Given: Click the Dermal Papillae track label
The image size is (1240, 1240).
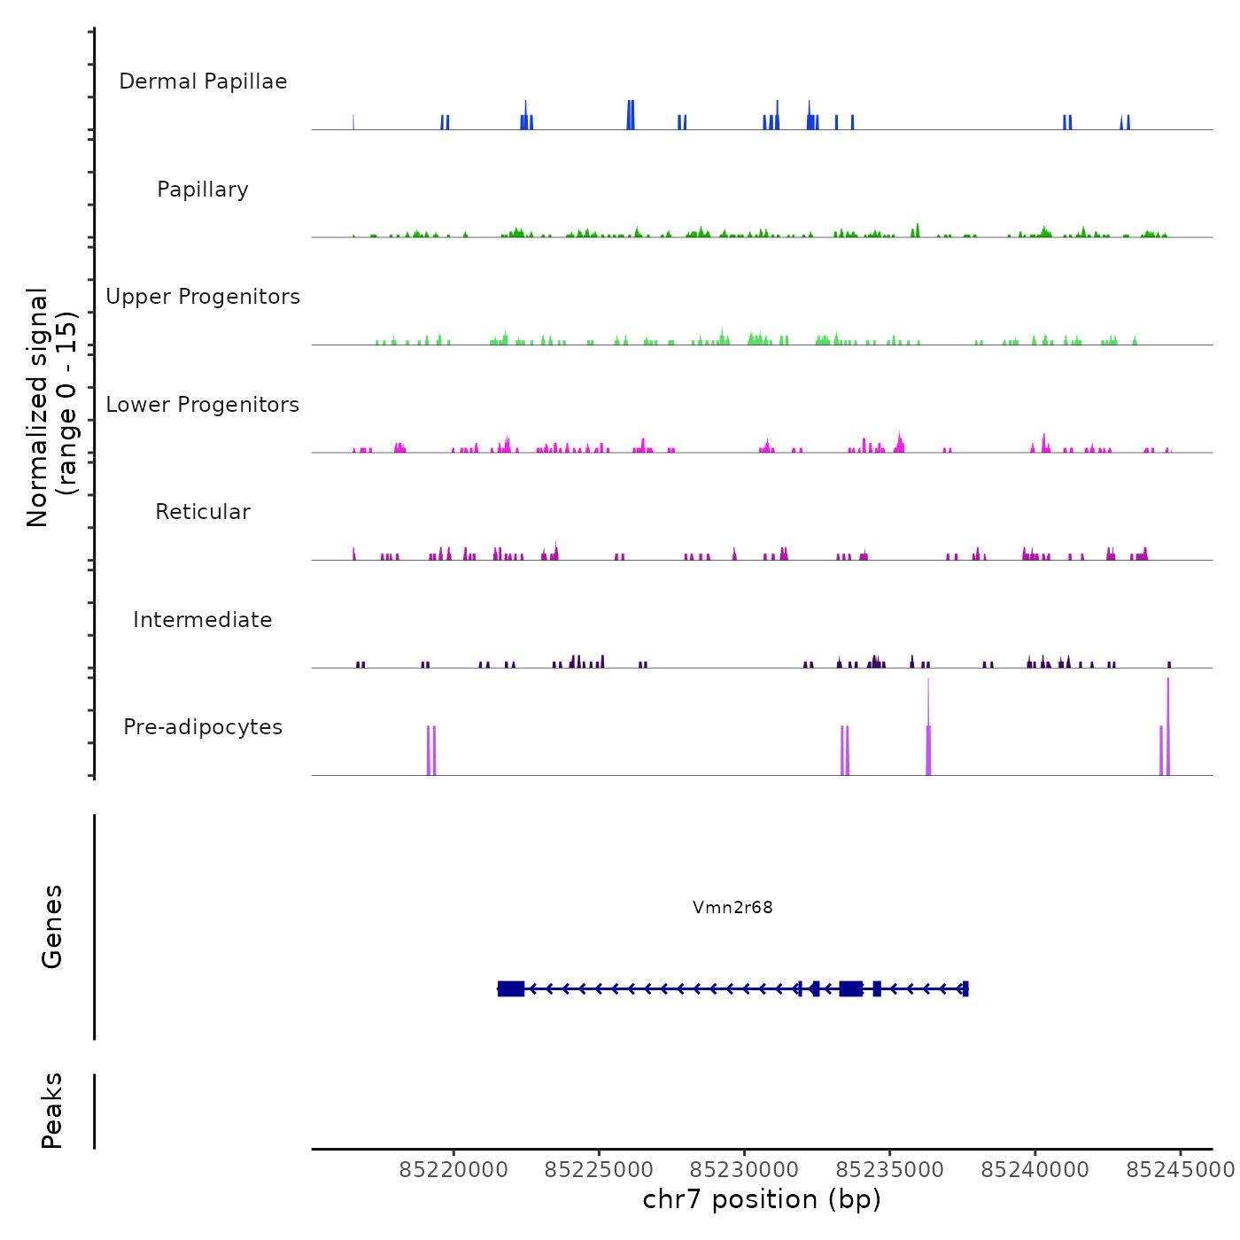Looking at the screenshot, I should coord(203,81).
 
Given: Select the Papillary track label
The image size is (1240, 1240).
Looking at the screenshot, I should coord(203,190).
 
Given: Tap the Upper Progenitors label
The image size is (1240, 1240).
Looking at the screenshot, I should coord(203,297).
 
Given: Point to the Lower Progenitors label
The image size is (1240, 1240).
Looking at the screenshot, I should coord(203,405).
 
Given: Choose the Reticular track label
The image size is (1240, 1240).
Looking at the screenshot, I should coord(203,512).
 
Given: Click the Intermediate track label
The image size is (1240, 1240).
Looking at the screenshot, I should coord(203,620).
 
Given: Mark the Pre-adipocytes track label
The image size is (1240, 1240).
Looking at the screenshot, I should coord(203,727).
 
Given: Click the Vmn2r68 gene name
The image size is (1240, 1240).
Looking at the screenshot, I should coord(732,907).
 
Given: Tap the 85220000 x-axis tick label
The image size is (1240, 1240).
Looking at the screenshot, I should coord(453,1170).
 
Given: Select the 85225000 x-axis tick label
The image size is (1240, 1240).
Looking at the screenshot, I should coord(599,1170).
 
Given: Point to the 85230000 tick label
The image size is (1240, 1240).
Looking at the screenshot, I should coord(744,1170).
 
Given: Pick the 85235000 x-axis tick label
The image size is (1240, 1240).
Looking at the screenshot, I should coord(889,1170).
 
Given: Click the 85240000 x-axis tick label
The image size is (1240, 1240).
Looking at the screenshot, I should coord(1035,1170).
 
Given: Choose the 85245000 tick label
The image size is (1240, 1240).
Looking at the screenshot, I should coord(1180,1170).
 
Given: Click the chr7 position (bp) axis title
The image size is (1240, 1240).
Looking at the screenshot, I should coord(762,1199).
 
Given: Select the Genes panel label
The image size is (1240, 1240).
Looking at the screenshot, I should coord(51,926).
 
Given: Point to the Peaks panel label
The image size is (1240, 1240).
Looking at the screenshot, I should coord(51,1111).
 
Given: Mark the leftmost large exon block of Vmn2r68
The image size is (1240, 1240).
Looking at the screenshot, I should coord(511,988).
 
